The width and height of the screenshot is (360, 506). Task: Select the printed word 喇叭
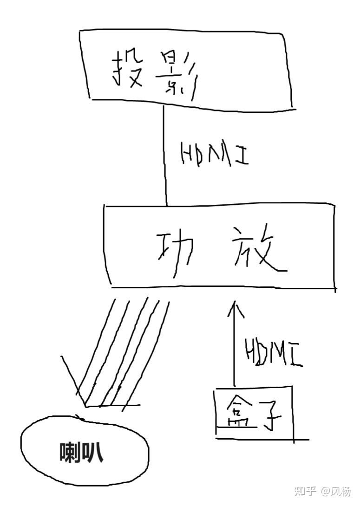click(82, 453)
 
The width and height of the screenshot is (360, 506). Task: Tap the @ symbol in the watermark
click(325, 491)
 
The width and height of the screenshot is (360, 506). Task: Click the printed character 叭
click(94, 453)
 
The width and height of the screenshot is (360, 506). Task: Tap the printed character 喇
click(70, 453)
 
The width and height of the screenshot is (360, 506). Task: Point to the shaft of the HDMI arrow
click(234, 348)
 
